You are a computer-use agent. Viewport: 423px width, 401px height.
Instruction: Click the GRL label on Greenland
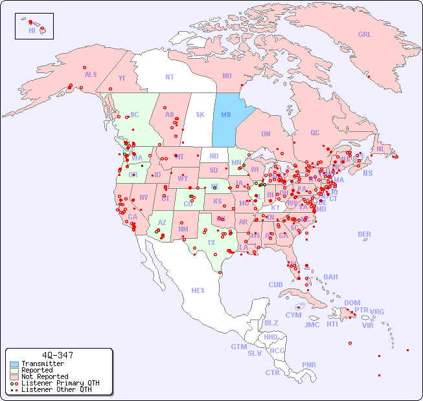click(365, 35)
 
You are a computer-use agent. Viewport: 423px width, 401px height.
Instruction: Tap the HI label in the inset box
click(32, 30)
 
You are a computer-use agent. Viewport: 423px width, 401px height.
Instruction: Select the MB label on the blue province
click(226, 114)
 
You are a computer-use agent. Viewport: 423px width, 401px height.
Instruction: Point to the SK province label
click(200, 114)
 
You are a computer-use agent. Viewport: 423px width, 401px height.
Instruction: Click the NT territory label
click(169, 77)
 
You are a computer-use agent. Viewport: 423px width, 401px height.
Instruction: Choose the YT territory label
click(122, 78)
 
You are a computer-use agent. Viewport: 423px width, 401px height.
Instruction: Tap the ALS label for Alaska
click(91, 74)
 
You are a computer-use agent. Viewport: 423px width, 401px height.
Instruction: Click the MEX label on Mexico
click(198, 290)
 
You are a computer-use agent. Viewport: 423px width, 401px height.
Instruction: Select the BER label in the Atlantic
click(364, 234)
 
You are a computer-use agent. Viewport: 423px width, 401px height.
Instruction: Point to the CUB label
click(275, 285)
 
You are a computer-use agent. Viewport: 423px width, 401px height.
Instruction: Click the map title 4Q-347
click(57, 356)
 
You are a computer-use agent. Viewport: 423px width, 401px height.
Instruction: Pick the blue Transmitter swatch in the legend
click(14, 364)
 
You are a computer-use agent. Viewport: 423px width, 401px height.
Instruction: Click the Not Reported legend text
click(45, 377)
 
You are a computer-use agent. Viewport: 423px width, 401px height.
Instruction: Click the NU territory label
click(227, 76)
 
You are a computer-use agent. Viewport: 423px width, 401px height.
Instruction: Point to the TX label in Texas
click(211, 243)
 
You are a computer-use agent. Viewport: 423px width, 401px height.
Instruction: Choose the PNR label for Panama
click(309, 365)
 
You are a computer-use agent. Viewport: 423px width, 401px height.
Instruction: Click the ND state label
click(214, 156)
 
